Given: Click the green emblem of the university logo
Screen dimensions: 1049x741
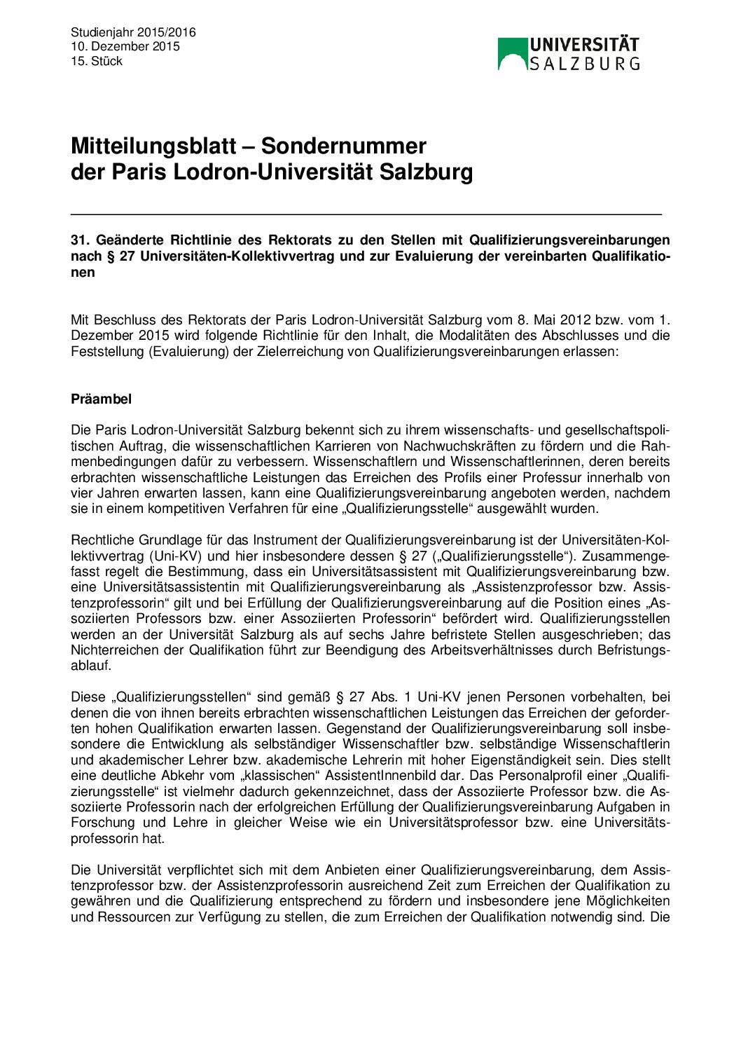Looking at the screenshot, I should [x=512, y=53].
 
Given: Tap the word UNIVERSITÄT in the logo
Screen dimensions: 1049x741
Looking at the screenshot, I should [x=584, y=45].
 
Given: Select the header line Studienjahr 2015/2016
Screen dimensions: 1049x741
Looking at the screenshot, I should [x=133, y=32].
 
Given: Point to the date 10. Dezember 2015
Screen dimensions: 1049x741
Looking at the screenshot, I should [x=125, y=46].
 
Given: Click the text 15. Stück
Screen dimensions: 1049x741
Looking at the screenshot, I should [x=97, y=61].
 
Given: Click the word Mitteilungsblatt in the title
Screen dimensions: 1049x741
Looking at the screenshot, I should [x=153, y=146].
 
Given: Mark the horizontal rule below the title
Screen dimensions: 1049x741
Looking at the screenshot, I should [x=366, y=214].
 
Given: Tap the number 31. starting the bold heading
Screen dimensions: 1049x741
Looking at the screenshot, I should [x=79, y=240].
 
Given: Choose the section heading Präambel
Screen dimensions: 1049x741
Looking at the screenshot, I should [x=101, y=399].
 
